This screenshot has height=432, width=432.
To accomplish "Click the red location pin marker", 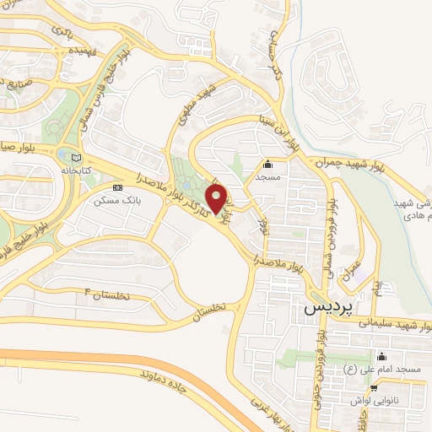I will click(218, 199).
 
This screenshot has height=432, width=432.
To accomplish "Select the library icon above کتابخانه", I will click(77, 157).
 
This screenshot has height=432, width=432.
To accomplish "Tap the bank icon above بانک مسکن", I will click(117, 187).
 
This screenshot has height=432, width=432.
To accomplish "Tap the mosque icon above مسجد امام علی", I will click(382, 356).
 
